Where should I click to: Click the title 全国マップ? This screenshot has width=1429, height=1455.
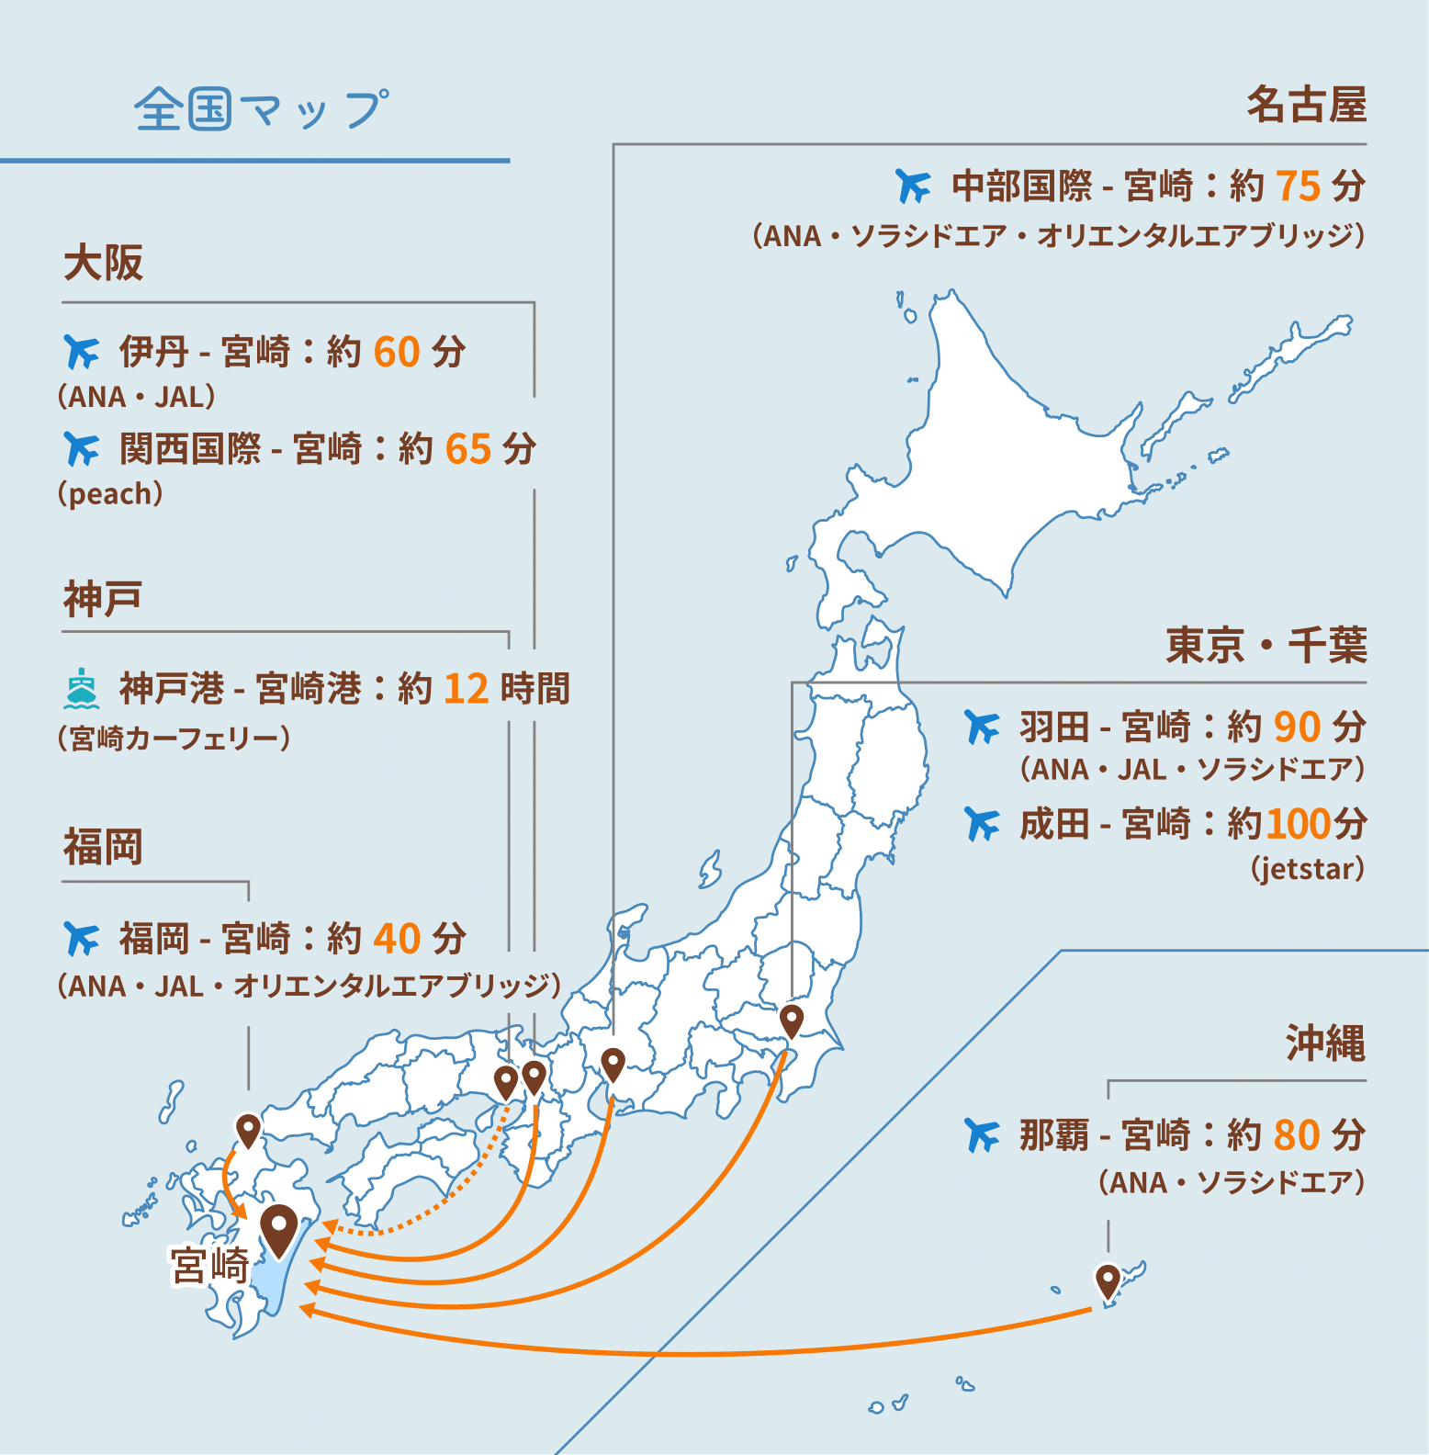[262, 109]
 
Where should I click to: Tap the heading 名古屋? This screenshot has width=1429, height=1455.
[1306, 104]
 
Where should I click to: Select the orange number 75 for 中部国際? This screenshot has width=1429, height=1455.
[1298, 186]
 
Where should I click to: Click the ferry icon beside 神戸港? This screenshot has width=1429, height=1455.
[82, 689]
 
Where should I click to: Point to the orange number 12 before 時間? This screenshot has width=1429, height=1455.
[466, 689]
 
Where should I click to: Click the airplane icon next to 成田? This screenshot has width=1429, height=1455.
[982, 824]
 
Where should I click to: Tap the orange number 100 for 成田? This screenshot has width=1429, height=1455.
[1298, 824]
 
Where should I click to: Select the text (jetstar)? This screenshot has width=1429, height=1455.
[1307, 868]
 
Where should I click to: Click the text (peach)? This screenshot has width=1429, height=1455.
[110, 493]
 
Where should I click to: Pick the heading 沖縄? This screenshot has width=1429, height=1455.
[1324, 1043]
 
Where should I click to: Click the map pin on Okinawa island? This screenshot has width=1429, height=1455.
[1108, 1280]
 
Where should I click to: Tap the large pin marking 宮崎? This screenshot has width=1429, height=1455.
[278, 1227]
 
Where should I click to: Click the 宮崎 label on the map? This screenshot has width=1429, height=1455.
[210, 1266]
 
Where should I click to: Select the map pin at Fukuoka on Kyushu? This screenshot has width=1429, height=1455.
[248, 1129]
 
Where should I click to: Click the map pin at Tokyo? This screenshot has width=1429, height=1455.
[791, 1020]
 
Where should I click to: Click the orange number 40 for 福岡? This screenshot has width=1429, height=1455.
[397, 940]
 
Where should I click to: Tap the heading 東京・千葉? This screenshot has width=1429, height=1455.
[1266, 646]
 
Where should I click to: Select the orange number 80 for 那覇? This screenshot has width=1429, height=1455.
[1296, 1135]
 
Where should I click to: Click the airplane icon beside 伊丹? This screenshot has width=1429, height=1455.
[82, 352]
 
